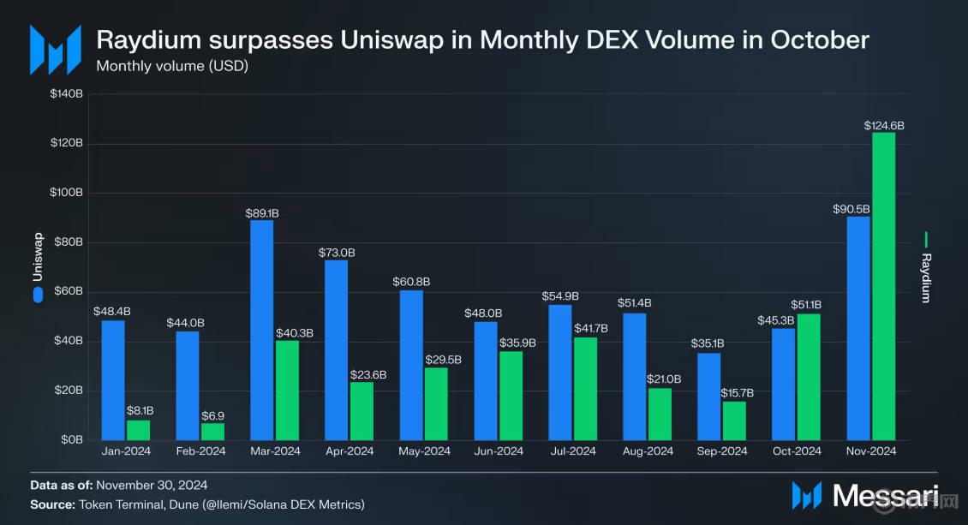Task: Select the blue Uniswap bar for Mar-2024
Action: tap(262, 330)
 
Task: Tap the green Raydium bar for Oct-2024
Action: tap(809, 377)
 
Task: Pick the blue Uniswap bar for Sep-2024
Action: tap(709, 397)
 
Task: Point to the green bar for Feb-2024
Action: tap(212, 431)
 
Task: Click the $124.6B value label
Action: tap(884, 126)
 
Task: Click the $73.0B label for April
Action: tap(337, 253)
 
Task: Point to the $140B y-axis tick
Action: tap(67, 93)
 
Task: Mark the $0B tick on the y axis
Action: tap(72, 439)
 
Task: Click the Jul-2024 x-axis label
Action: tap(573, 451)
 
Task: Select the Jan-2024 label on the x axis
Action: tap(126, 451)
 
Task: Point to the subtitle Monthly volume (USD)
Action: tap(172, 65)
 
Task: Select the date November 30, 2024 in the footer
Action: tap(152, 486)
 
